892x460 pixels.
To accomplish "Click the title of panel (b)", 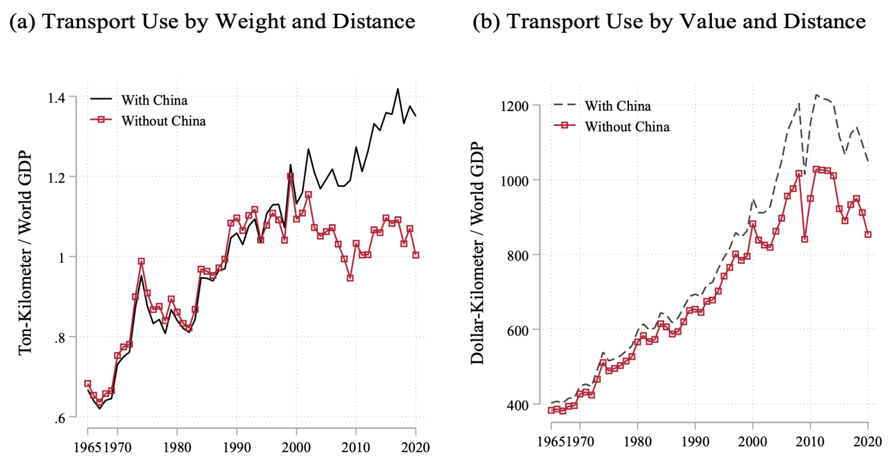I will pos(669,22).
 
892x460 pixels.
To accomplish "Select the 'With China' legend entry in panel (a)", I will pos(154,99).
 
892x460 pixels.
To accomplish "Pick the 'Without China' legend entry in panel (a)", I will pos(163,120).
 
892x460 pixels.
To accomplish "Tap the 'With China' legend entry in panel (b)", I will pos(618,106).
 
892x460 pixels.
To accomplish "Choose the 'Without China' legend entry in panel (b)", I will pos(627,127).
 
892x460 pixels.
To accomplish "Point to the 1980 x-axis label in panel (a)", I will pos(177,446).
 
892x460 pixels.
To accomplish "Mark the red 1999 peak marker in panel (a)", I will pos(291,177).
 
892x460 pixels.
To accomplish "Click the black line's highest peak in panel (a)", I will pos(398,89).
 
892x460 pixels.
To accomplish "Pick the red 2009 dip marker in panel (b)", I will pos(805,239).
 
